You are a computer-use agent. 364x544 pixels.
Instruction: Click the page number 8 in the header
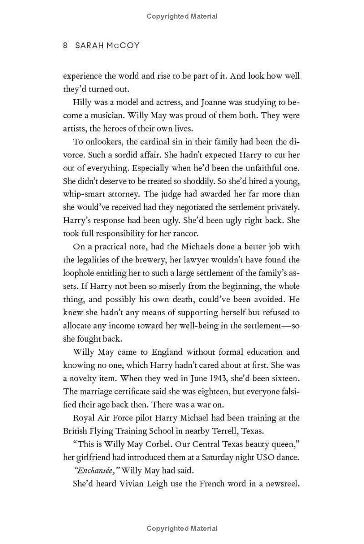point(66,45)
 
